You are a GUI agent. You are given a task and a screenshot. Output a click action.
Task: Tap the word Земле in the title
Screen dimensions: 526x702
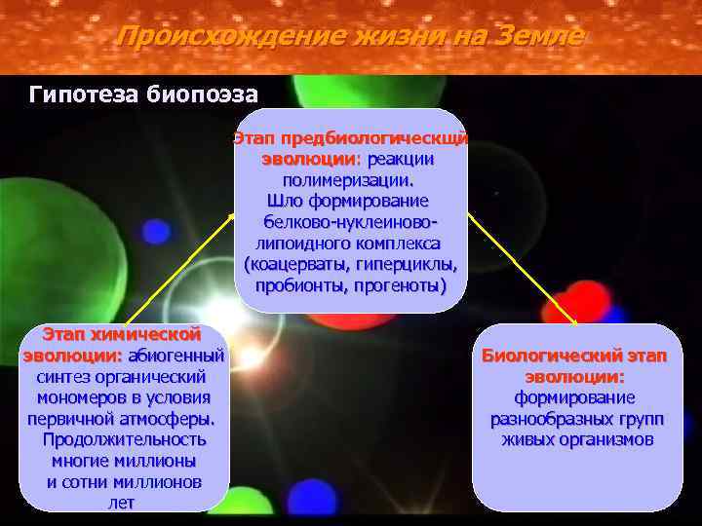(x=539, y=37)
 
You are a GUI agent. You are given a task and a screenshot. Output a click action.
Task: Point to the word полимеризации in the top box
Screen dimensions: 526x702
(x=346, y=180)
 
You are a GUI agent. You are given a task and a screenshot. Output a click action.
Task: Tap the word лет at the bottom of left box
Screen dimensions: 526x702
(x=123, y=504)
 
